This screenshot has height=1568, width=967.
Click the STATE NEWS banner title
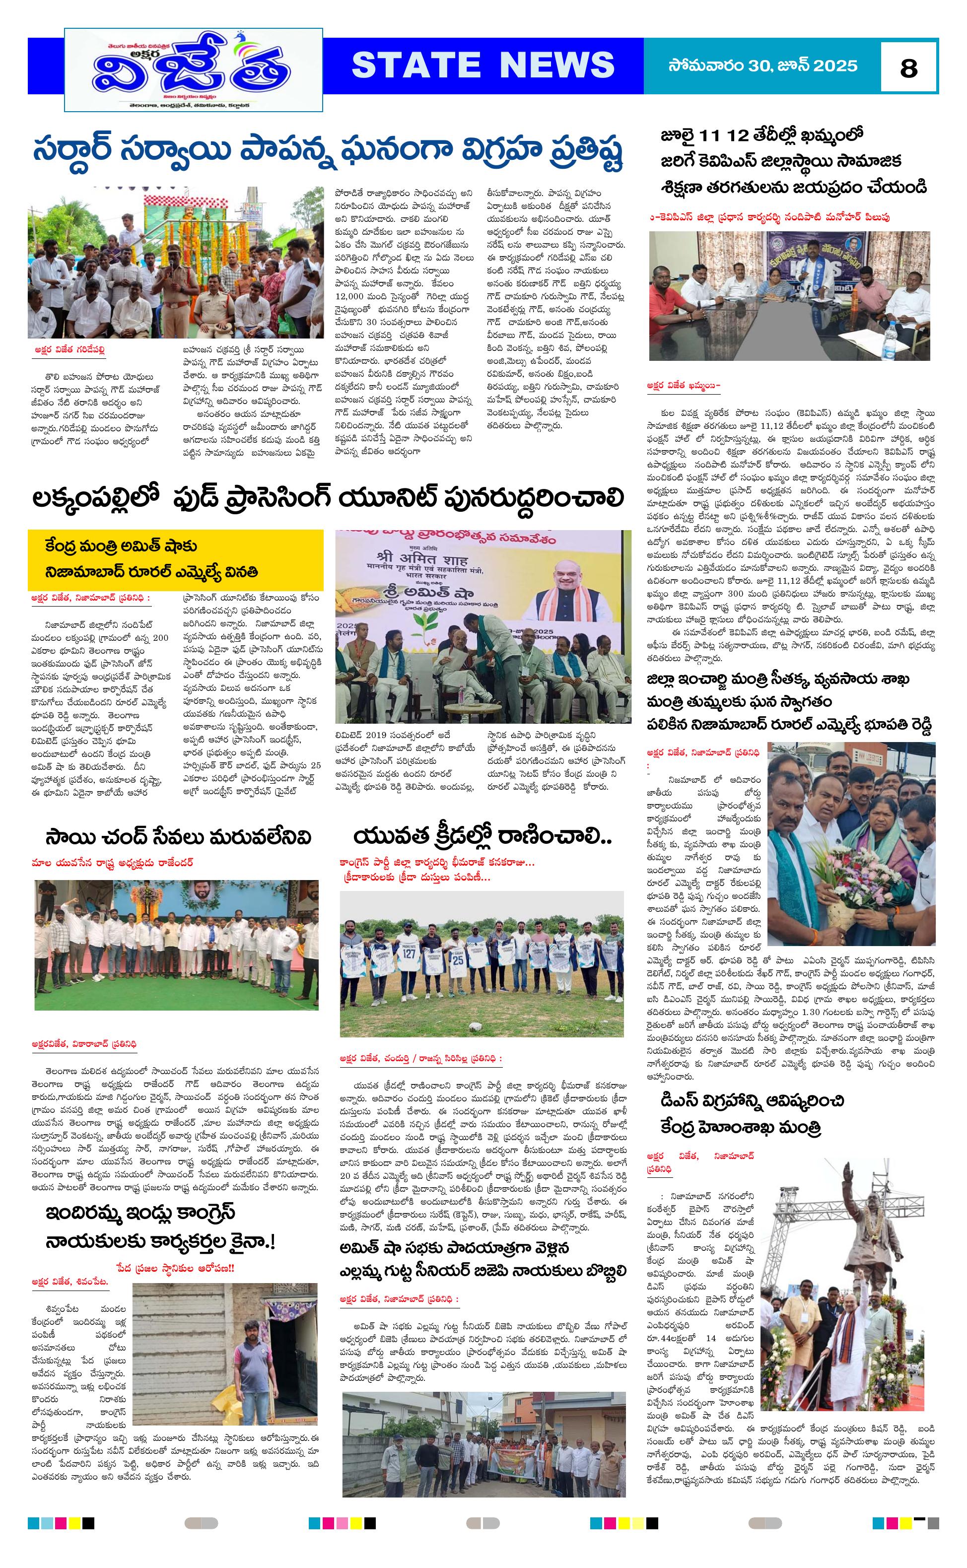coord(483,65)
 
